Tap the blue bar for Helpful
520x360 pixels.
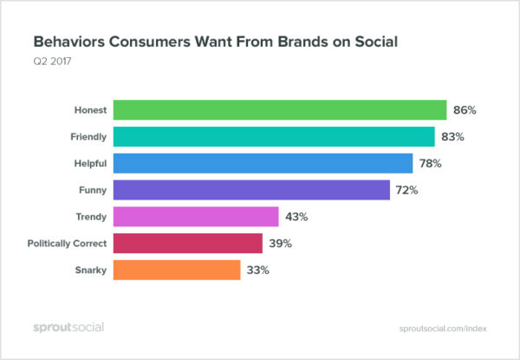coord(263,163)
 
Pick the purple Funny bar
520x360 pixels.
coord(252,190)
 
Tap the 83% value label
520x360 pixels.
coord(453,137)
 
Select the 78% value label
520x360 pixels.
coord(431,163)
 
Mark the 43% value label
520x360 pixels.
coord(297,217)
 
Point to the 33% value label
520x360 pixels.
coord(258,270)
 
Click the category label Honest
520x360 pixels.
coord(90,110)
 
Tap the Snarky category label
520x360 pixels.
coord(90,270)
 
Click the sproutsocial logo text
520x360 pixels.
coord(68,327)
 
